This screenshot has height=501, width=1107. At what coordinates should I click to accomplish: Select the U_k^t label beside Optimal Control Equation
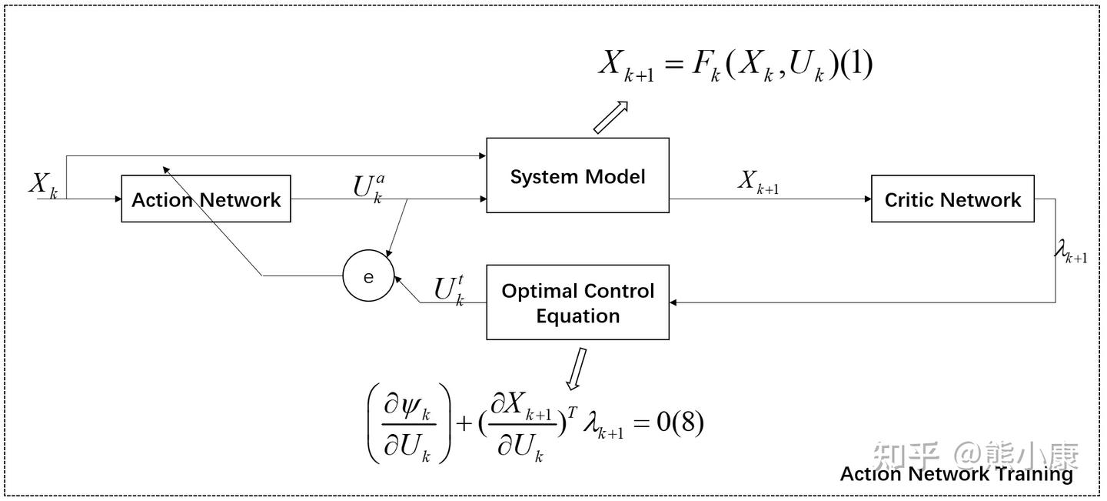tap(449, 292)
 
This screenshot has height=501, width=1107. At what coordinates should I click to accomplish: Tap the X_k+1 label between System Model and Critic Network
tap(759, 182)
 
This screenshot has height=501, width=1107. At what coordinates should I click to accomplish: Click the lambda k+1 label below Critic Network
tap(1070, 252)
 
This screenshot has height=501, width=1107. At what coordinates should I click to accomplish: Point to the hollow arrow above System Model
tap(610, 118)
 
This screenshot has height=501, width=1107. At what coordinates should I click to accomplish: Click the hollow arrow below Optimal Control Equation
tap(577, 369)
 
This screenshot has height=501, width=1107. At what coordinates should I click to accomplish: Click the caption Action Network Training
tap(956, 474)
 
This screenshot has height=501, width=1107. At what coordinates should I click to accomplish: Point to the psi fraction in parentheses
tap(409, 424)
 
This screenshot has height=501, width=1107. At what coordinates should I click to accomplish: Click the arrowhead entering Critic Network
tap(868, 199)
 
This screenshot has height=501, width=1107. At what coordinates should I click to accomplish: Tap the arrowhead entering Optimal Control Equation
tap(673, 302)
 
